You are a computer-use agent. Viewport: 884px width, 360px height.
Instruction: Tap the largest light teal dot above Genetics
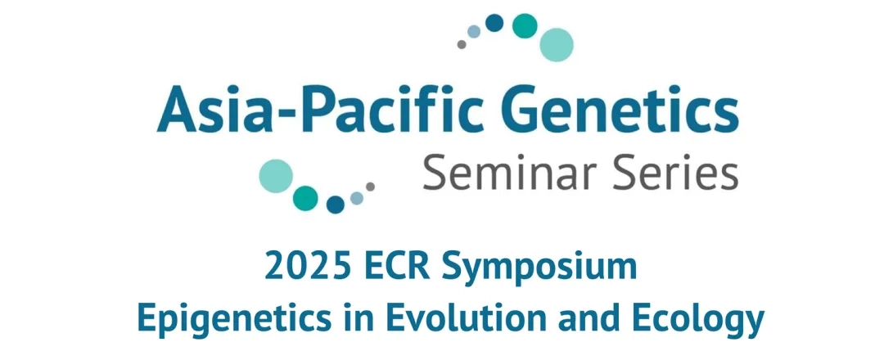pyautogui.click(x=557, y=44)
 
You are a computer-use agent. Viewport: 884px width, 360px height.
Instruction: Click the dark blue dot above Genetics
pyautogui.click(x=494, y=23)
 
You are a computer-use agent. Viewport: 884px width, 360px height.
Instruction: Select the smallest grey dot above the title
pyautogui.click(x=462, y=44)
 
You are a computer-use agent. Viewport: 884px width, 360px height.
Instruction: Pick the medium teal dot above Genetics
pyautogui.click(x=525, y=26)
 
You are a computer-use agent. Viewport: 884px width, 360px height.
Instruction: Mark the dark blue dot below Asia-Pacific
pyautogui.click(x=336, y=205)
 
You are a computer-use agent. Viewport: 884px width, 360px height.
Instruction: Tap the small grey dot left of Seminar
pyautogui.click(x=371, y=187)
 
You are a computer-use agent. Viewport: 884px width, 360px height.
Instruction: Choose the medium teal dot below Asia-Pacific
pyautogui.click(x=305, y=198)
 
